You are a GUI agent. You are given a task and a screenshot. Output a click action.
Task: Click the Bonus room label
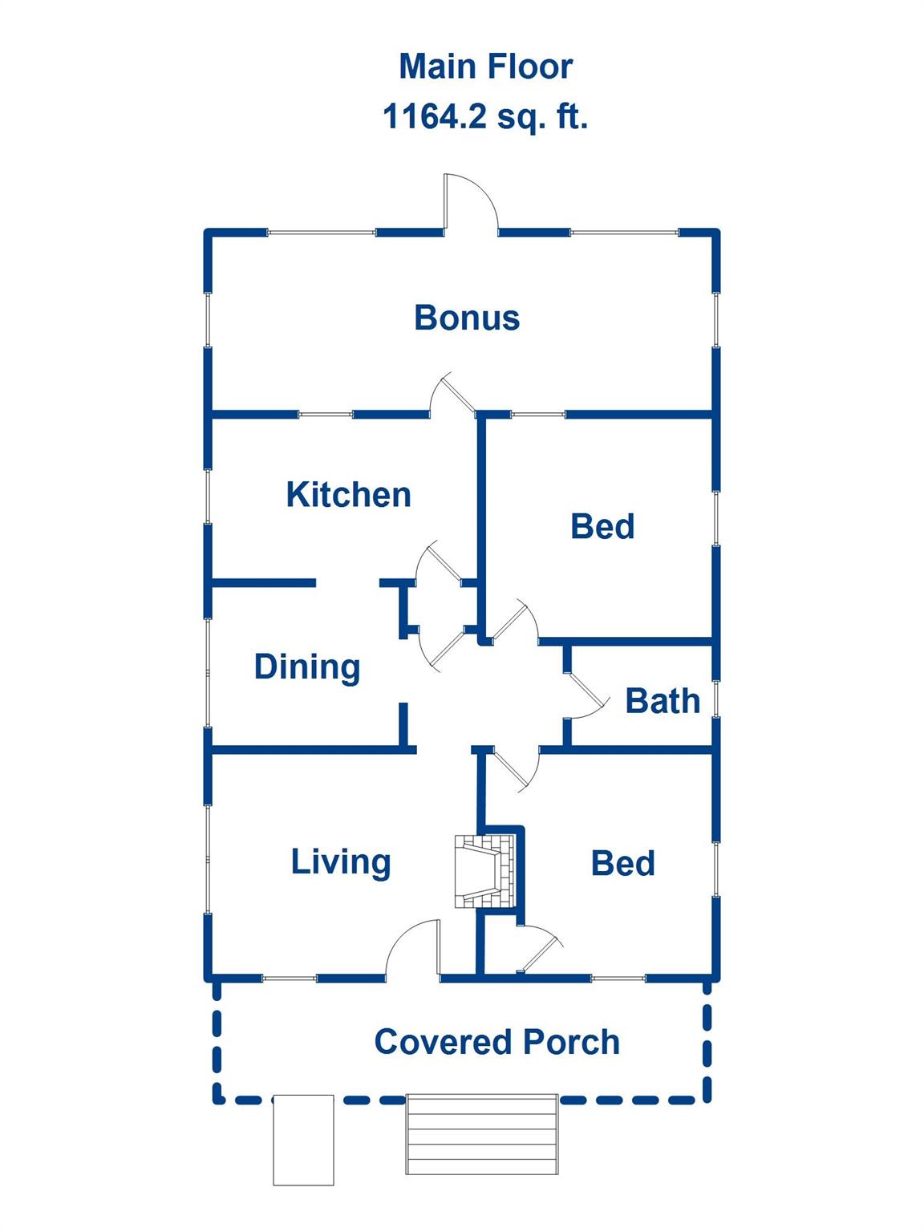click(x=467, y=318)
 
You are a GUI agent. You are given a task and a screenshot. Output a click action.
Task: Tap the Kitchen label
click(x=348, y=494)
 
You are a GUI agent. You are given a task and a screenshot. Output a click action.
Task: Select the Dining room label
click(x=307, y=667)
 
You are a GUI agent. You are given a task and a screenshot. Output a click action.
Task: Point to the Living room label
click(x=341, y=863)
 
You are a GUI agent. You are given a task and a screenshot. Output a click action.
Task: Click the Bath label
click(x=663, y=701)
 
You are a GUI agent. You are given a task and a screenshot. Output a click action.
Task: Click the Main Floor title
click(x=486, y=67)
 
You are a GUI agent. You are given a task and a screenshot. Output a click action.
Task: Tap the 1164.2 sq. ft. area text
click(x=485, y=117)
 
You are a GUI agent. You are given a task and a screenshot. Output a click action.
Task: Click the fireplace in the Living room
click(x=484, y=871)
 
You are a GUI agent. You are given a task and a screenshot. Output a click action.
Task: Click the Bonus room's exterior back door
click(x=470, y=202)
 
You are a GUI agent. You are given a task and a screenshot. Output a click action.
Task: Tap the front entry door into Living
click(x=412, y=950)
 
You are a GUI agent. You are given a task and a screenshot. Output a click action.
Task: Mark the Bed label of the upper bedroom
click(x=602, y=526)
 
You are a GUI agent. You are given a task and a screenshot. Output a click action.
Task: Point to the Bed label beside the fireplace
click(x=622, y=863)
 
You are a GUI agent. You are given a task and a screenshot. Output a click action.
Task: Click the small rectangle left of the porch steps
click(x=303, y=1140)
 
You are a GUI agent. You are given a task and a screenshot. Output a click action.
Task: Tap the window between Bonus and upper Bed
click(x=537, y=415)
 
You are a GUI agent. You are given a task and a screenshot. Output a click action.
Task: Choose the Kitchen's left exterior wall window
click(x=208, y=496)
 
